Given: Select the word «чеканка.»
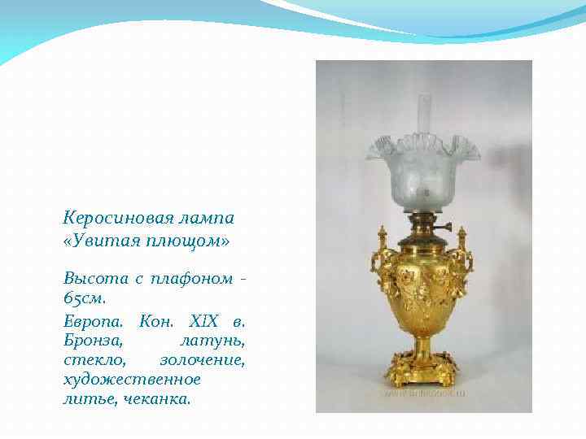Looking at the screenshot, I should [157, 399].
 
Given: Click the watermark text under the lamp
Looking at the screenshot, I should [424, 393].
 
